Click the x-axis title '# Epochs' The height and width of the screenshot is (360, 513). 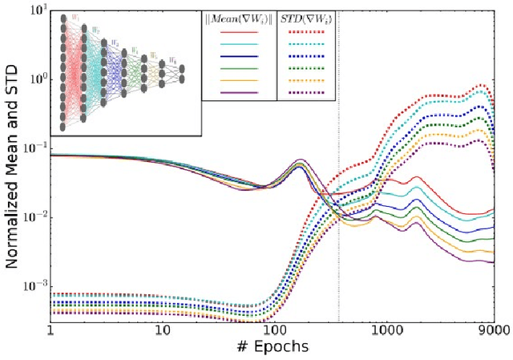(x=272, y=347)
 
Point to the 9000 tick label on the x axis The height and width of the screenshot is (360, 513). (x=492, y=330)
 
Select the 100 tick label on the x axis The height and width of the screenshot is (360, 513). (x=274, y=330)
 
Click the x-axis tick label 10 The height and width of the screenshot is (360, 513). (x=162, y=330)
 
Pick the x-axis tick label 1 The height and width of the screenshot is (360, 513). (x=50, y=330)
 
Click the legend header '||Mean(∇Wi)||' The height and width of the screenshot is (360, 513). (x=238, y=19)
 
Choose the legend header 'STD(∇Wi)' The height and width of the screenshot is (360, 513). (x=305, y=19)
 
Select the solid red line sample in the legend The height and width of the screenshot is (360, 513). (x=238, y=33)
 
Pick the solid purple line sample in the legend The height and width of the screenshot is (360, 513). (x=238, y=93)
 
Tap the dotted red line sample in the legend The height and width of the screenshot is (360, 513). (x=305, y=33)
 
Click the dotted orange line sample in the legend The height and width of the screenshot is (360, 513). (x=305, y=81)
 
